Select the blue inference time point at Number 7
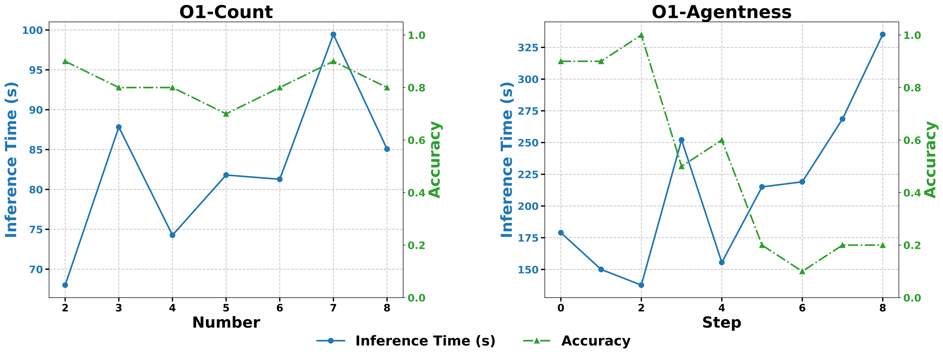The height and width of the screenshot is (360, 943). (x=333, y=34)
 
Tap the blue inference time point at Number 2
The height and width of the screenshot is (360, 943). (x=65, y=285)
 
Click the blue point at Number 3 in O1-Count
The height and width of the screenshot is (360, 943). (x=119, y=127)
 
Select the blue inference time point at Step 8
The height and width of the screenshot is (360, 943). (x=883, y=34)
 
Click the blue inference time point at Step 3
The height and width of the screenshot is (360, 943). (x=681, y=140)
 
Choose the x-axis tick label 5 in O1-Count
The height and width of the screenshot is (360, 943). (x=226, y=308)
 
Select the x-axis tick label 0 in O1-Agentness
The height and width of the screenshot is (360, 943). (x=560, y=308)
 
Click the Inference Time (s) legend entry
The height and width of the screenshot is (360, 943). (x=425, y=341)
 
